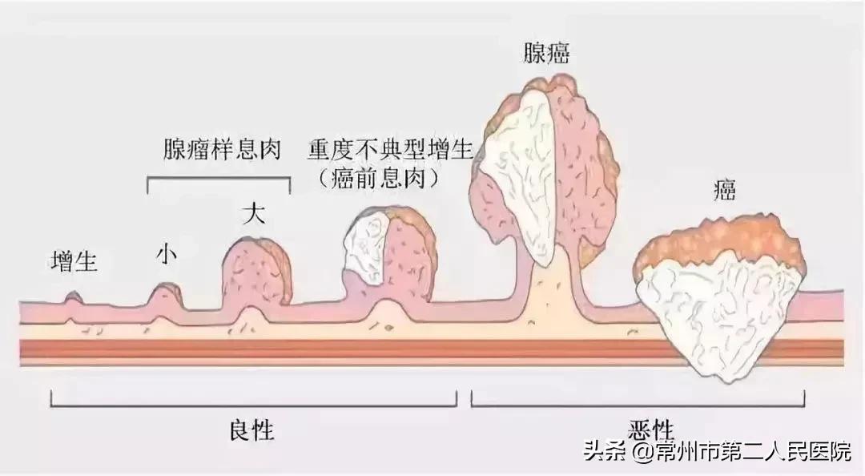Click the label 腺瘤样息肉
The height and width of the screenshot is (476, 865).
pos(219,150)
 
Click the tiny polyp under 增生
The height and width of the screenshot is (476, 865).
pos(74,299)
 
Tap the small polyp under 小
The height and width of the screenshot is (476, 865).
pos(164,298)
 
